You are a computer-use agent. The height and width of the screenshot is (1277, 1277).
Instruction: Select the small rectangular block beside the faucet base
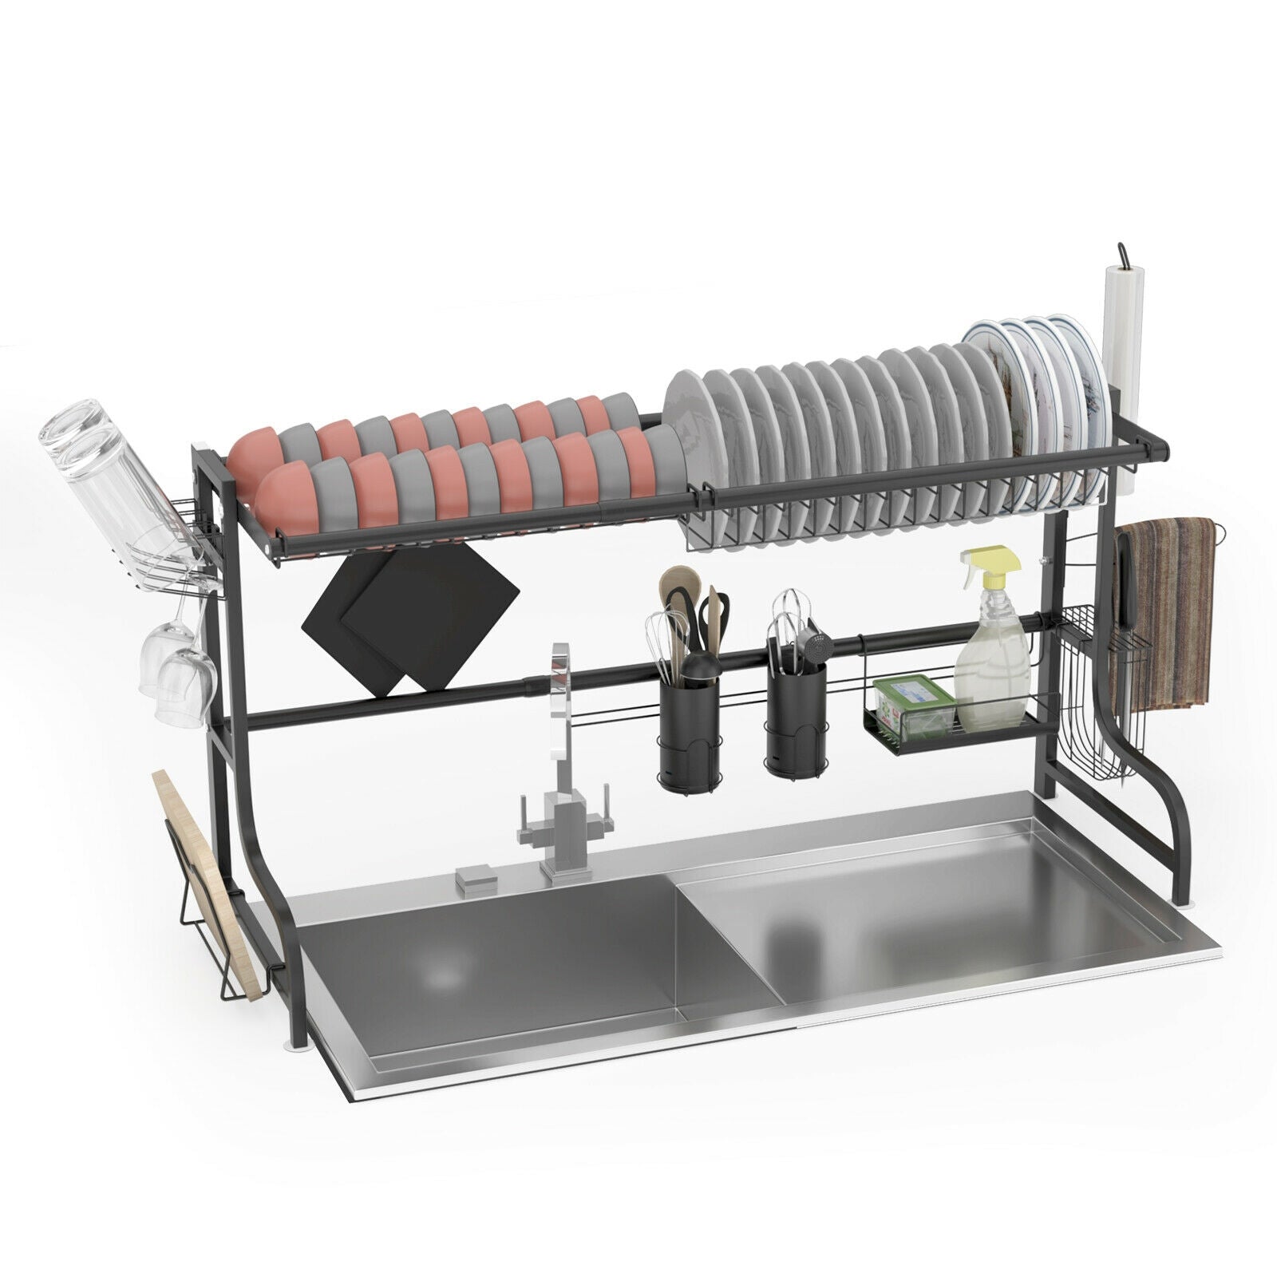(476, 879)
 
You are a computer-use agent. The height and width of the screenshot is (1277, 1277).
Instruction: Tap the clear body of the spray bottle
(990, 670)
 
